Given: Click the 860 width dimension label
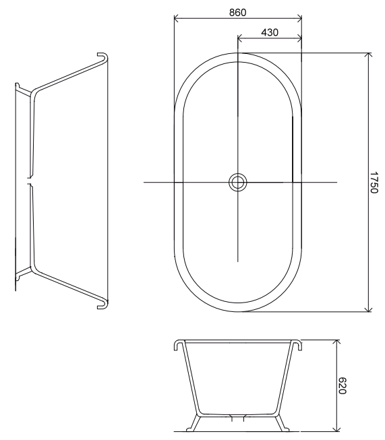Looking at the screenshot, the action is pyautogui.click(x=237, y=13).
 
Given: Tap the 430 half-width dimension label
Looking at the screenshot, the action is pyautogui.click(x=270, y=32).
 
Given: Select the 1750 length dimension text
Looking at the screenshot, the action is pyautogui.click(x=374, y=183).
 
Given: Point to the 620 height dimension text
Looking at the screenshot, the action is pyautogui.click(x=342, y=386).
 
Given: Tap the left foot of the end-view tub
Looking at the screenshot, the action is pyautogui.click(x=194, y=424).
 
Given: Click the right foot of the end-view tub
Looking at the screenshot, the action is pyautogui.click(x=282, y=424).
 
